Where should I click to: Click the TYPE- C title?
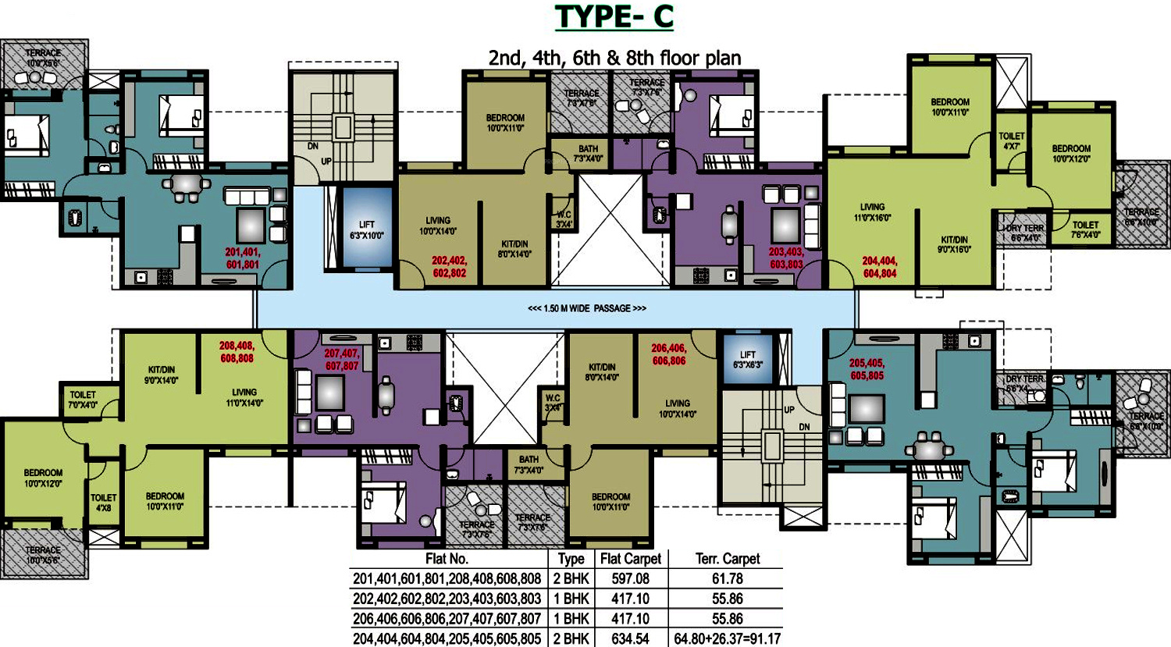(614, 16)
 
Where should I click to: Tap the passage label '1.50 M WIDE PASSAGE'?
(587, 308)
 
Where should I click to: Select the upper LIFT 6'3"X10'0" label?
(366, 230)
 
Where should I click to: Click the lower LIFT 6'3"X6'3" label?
(748, 360)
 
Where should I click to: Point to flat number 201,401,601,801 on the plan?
(243, 258)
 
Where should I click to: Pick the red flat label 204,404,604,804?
(880, 268)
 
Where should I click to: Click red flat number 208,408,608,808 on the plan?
(237, 352)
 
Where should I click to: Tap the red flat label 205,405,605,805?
(867, 369)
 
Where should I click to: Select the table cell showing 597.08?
(630, 579)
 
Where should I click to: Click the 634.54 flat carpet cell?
(630, 638)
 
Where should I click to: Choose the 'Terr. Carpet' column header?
(728, 559)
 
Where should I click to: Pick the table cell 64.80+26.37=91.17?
(728, 638)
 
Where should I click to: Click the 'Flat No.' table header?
(447, 559)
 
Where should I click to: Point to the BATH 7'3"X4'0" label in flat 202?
(588, 153)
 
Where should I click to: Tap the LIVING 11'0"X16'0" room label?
(872, 212)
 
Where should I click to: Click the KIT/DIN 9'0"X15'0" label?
(954, 244)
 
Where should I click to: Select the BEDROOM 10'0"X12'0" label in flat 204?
(1071, 154)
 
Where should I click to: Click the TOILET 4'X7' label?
(1012, 141)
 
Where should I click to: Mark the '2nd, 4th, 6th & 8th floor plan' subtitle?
(614, 58)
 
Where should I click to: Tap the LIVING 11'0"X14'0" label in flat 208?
(244, 397)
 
